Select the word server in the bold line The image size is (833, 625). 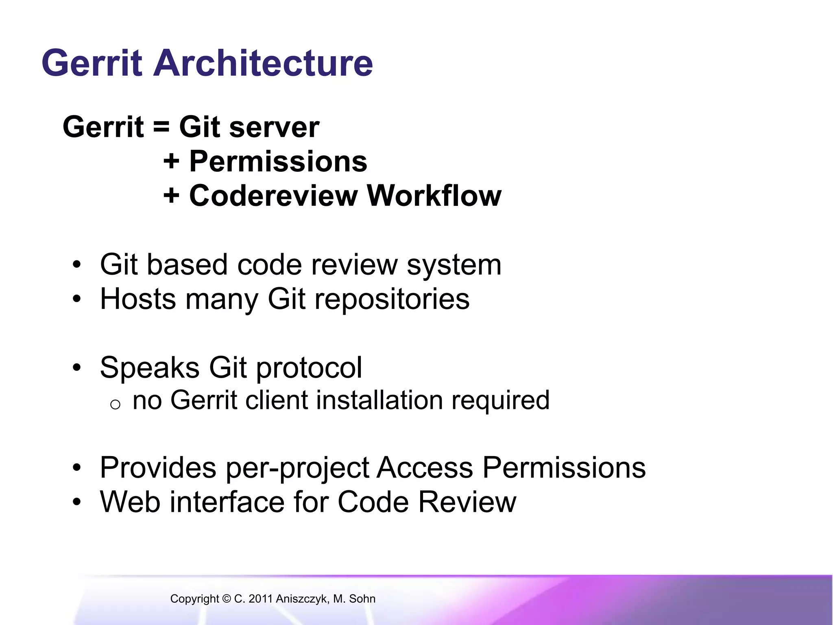274,128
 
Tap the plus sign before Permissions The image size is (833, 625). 171,162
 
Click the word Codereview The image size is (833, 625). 273,196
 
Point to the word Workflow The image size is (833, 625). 434,196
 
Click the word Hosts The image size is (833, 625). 138,299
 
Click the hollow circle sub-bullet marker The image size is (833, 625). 115,404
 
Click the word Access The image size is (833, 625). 425,468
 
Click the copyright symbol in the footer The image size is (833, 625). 226,599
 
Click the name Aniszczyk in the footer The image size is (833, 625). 301,599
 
